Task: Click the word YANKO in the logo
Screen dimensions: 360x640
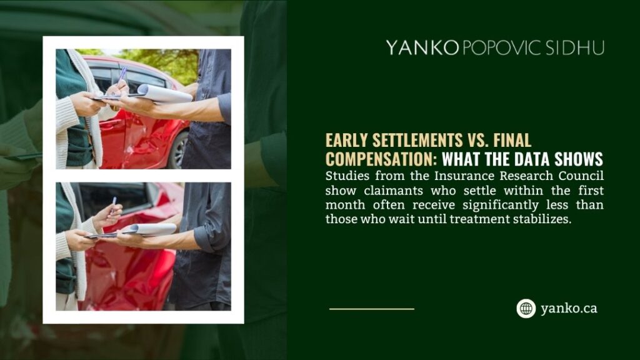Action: pyautogui.click(x=422, y=48)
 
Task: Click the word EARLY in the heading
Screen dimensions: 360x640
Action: pyautogui.click(x=347, y=140)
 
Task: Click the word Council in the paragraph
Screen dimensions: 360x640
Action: pyautogui.click(x=580, y=176)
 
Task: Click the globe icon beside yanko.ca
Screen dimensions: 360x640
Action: pyautogui.click(x=526, y=308)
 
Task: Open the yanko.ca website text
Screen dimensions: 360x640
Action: pyautogui.click(x=569, y=308)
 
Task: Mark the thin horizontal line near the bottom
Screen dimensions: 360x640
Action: pyautogui.click(x=371, y=309)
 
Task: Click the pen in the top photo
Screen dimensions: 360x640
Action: pyautogui.click(x=122, y=76)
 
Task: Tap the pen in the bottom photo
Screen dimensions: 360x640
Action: pyautogui.click(x=113, y=206)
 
